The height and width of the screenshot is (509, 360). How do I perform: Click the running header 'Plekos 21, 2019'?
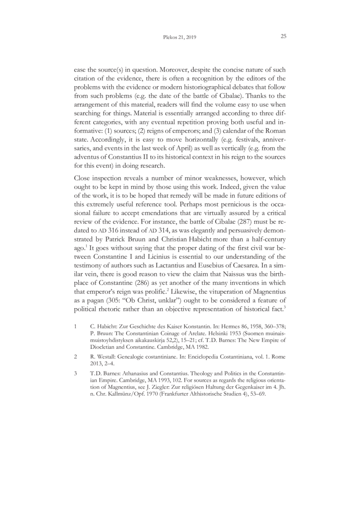[180, 37]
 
